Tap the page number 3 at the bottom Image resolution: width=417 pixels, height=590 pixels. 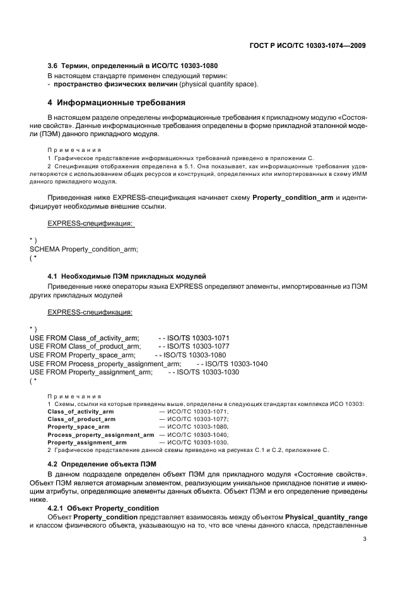point(365,538)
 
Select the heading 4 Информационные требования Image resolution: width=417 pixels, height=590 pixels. point(116,102)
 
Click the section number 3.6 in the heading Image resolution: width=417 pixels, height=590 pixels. point(53,67)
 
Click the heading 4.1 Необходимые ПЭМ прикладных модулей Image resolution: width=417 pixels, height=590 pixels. point(127,277)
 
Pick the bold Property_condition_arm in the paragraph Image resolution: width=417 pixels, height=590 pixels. point(293,197)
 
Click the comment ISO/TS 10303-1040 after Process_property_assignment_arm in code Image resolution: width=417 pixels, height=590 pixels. point(232,364)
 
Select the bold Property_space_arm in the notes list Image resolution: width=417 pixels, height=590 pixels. point(78,427)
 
